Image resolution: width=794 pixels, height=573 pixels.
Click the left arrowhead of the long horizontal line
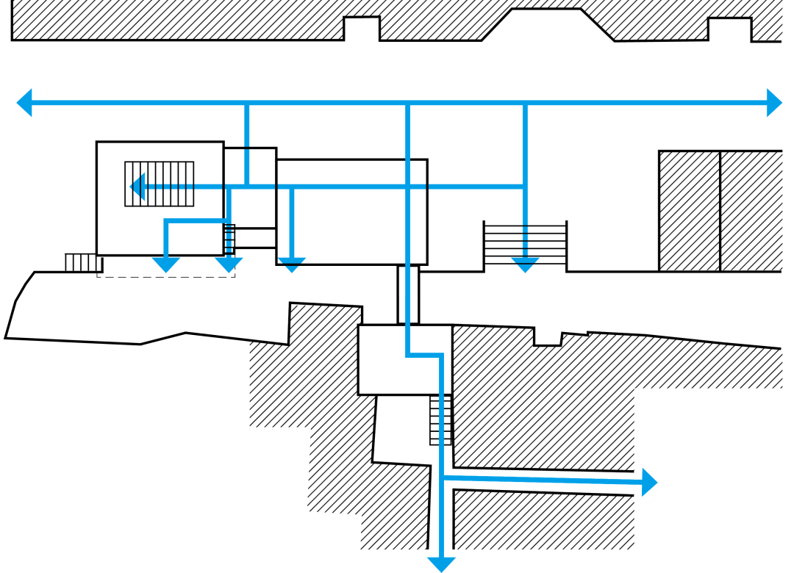[x=24, y=102]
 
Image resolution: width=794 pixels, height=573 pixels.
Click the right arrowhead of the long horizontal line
[x=774, y=102]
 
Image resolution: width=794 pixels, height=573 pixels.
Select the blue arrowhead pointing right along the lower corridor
[x=649, y=482]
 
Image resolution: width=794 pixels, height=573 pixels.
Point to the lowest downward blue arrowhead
[x=441, y=564]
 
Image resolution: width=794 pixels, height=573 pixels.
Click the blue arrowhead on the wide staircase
[x=525, y=264]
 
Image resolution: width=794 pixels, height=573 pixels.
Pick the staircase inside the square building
[x=160, y=184]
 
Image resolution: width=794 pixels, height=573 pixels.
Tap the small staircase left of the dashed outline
[x=83, y=262]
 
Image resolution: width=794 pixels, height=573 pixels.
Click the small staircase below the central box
[x=440, y=420]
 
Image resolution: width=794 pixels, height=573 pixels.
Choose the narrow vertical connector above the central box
[x=408, y=295]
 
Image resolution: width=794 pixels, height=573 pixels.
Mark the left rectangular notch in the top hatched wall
[x=362, y=28]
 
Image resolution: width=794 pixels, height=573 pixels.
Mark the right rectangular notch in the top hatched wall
[x=729, y=29]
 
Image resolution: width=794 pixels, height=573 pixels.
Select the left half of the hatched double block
[x=689, y=211]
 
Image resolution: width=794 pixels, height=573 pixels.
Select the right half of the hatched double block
[x=751, y=211]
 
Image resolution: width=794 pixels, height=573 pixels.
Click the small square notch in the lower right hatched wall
[x=547, y=337]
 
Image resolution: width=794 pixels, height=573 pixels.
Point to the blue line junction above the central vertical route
[x=407, y=104]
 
